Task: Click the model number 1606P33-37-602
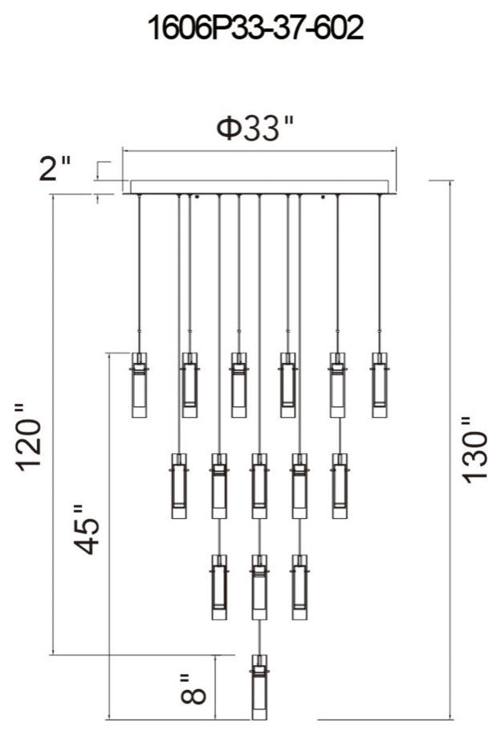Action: click(x=255, y=29)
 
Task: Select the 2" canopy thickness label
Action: click(x=55, y=168)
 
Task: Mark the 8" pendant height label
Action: click(x=193, y=688)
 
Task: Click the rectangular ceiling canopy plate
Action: click(x=259, y=186)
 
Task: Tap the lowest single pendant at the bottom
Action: click(x=259, y=687)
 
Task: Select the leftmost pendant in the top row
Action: click(x=139, y=385)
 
